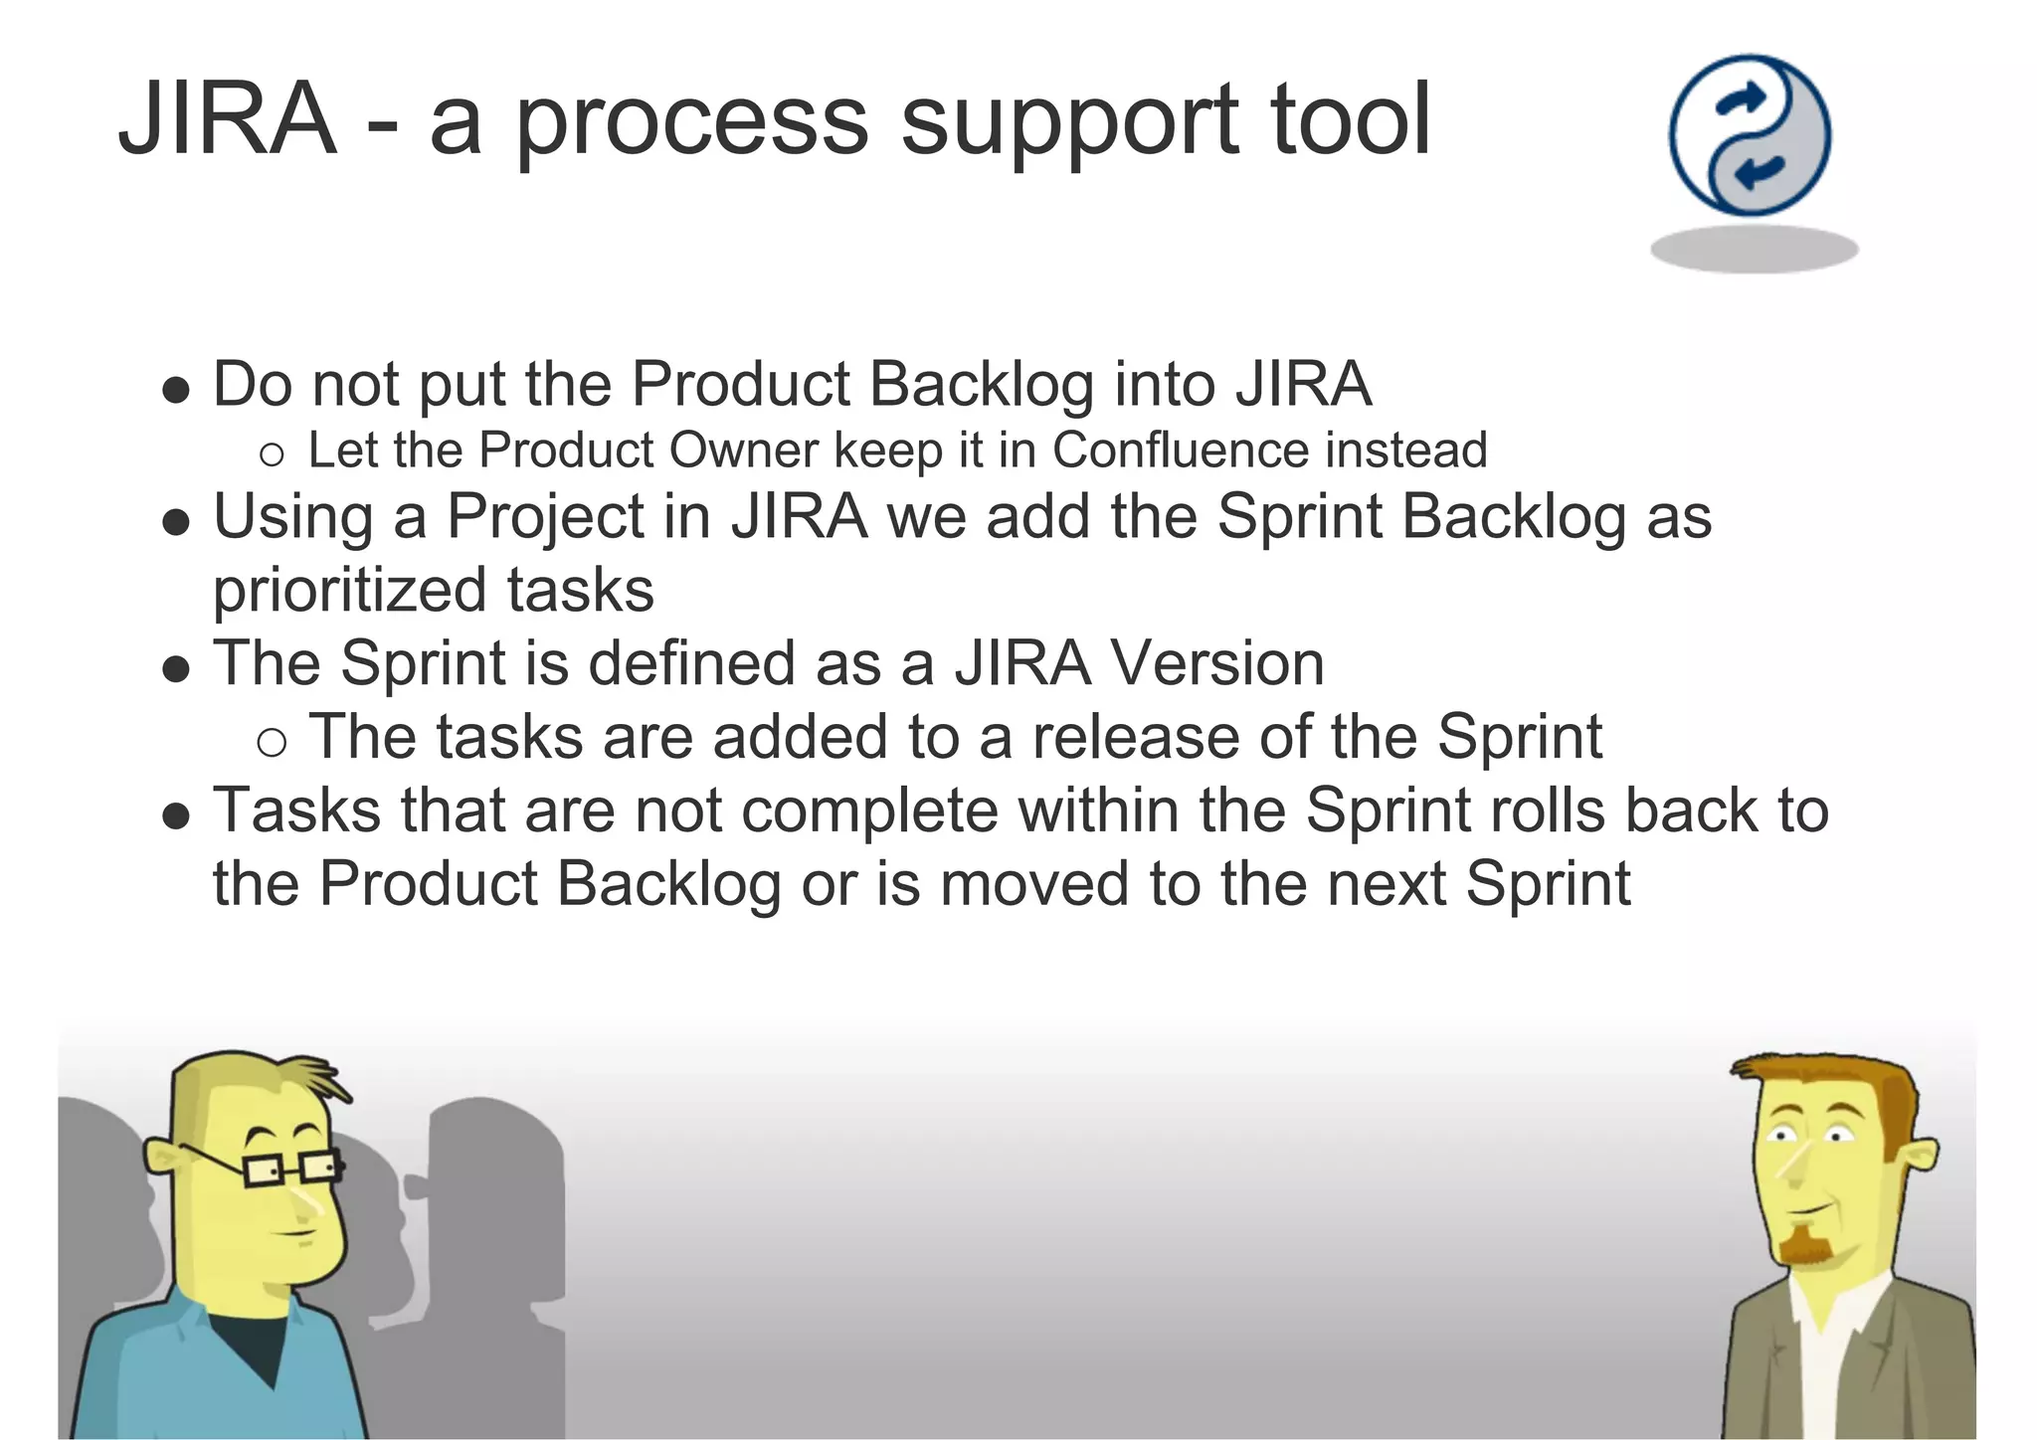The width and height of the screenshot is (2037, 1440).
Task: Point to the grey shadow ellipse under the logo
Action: [1754, 249]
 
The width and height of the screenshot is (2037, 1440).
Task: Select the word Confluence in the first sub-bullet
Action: [1180, 450]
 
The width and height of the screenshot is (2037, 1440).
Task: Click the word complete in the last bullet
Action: [869, 810]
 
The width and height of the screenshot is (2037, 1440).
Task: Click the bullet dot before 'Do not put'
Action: [176, 390]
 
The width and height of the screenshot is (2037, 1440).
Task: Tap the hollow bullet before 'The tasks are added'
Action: [272, 742]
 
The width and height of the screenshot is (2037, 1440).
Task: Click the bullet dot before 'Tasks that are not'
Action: [176, 815]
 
